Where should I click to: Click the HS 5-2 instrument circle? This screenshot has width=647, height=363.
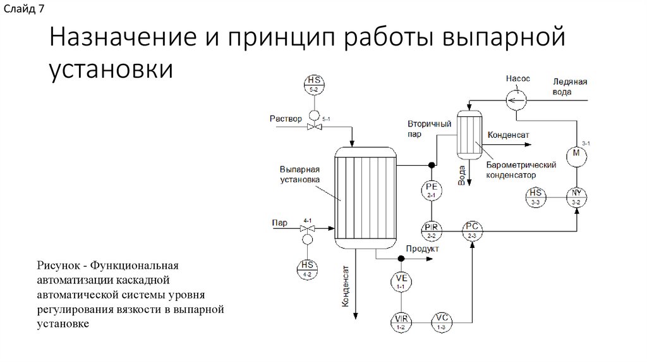coord(313,84)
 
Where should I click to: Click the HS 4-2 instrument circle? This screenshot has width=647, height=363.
coord(308,269)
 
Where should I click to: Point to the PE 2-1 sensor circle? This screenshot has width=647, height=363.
coord(432,190)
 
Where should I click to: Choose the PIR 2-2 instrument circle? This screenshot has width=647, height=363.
coord(432,230)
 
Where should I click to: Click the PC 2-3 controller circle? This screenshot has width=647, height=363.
coord(472,230)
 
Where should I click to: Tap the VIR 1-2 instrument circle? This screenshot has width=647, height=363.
coord(401,323)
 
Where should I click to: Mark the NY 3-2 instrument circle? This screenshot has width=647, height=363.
coord(576,197)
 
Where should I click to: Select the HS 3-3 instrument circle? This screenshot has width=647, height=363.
coord(536,197)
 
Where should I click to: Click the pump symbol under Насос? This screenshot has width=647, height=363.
coord(517,99)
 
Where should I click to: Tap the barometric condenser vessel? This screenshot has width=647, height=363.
coord(469,134)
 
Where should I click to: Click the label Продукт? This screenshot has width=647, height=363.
coord(423,249)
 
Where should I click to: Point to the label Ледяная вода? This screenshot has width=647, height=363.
coord(570,87)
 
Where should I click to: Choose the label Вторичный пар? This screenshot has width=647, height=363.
coord(428,129)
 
